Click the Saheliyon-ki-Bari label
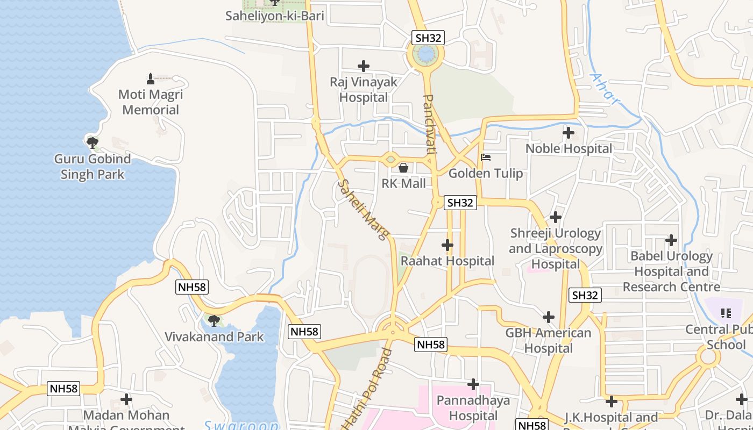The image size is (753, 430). pos(274,16)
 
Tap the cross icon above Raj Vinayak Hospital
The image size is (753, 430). pos(364,66)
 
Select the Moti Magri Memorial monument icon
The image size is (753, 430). pos(151,79)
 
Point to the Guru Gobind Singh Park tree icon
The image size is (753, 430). pos(92,142)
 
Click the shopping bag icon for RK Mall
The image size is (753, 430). pos(403,168)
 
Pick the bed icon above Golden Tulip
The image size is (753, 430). pos(486,157)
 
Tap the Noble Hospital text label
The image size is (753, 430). pos(569,148)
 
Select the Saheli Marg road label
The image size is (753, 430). pos(363,210)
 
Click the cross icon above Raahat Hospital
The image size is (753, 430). pos(447,245)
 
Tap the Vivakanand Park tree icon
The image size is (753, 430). pos(214,321)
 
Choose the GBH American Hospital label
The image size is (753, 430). pos(548,340)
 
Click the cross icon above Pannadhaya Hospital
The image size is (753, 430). pos(473,384)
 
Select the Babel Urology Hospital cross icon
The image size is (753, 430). pos(671,240)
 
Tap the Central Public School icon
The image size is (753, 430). pos(726,313)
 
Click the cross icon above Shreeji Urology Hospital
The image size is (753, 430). pos(556,217)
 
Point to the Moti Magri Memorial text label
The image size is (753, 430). pos(151,102)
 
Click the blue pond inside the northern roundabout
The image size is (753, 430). pos(425,54)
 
